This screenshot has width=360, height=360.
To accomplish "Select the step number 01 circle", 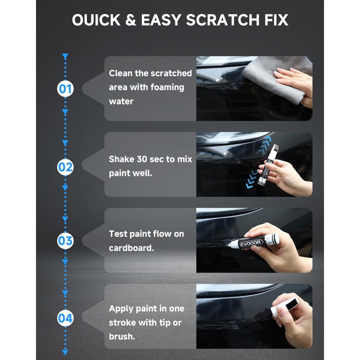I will click(x=65, y=89).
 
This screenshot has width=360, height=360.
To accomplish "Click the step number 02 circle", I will click(x=65, y=167).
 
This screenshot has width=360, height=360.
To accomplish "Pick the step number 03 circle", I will click(x=65, y=241).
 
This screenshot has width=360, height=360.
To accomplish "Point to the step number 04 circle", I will click(x=65, y=319).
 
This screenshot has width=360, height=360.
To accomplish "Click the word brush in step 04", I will click(x=121, y=337).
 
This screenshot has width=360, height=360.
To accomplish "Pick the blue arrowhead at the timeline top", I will click(x=65, y=57).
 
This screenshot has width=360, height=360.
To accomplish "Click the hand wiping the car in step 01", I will click(x=297, y=81).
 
